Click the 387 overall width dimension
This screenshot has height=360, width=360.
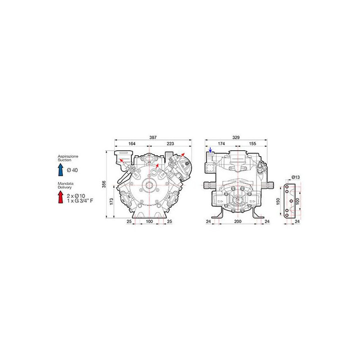[x=153, y=137]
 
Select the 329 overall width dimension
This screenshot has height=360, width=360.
[x=236, y=137]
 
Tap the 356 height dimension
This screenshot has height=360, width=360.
[x=104, y=184]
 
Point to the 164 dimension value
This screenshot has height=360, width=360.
[x=132, y=144]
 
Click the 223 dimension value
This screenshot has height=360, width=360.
[x=170, y=144]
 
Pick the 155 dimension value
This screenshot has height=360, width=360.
[x=252, y=144]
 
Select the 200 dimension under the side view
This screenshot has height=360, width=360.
[x=238, y=221]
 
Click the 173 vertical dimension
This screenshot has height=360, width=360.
[x=112, y=201]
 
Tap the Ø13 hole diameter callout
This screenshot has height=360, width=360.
[x=296, y=177]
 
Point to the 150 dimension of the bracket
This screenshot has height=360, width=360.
[x=278, y=201]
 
